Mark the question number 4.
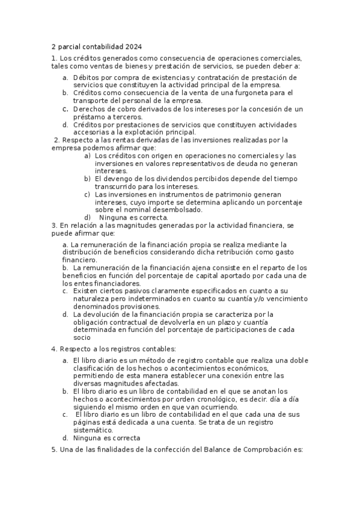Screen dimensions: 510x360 [53, 349]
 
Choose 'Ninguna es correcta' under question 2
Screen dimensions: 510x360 [133, 218]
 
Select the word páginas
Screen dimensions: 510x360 [88, 423]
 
